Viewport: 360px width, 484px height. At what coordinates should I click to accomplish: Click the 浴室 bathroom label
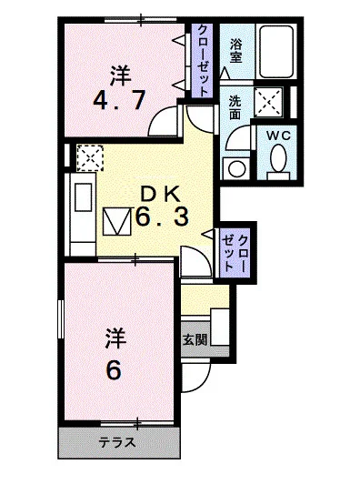point(235,50)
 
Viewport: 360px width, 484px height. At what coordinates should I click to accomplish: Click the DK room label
point(164,193)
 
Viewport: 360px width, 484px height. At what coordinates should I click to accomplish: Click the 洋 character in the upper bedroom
point(118,72)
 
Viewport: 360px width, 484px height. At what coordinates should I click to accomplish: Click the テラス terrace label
point(118,444)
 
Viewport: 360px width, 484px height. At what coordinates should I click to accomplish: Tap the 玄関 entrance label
point(194,340)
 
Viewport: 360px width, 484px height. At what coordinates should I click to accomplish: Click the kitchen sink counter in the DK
point(79,210)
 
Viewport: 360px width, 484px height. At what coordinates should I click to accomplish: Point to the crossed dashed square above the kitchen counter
point(89,159)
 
